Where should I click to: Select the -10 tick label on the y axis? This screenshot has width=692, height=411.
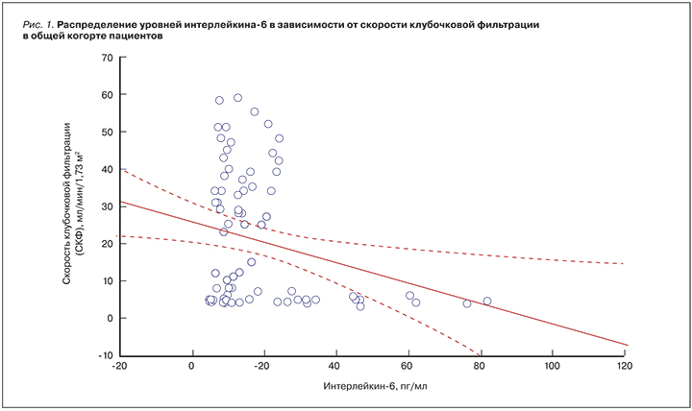(x=104, y=355)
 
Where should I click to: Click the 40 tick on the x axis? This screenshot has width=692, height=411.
(x=335, y=366)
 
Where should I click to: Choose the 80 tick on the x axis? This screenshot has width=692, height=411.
(x=480, y=366)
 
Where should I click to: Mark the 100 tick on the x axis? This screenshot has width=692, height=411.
(x=552, y=366)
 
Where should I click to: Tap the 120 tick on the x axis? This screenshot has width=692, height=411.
(x=624, y=366)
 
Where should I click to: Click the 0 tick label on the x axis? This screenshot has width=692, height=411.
(x=192, y=366)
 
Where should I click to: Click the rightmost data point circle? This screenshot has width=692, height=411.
(x=487, y=301)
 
